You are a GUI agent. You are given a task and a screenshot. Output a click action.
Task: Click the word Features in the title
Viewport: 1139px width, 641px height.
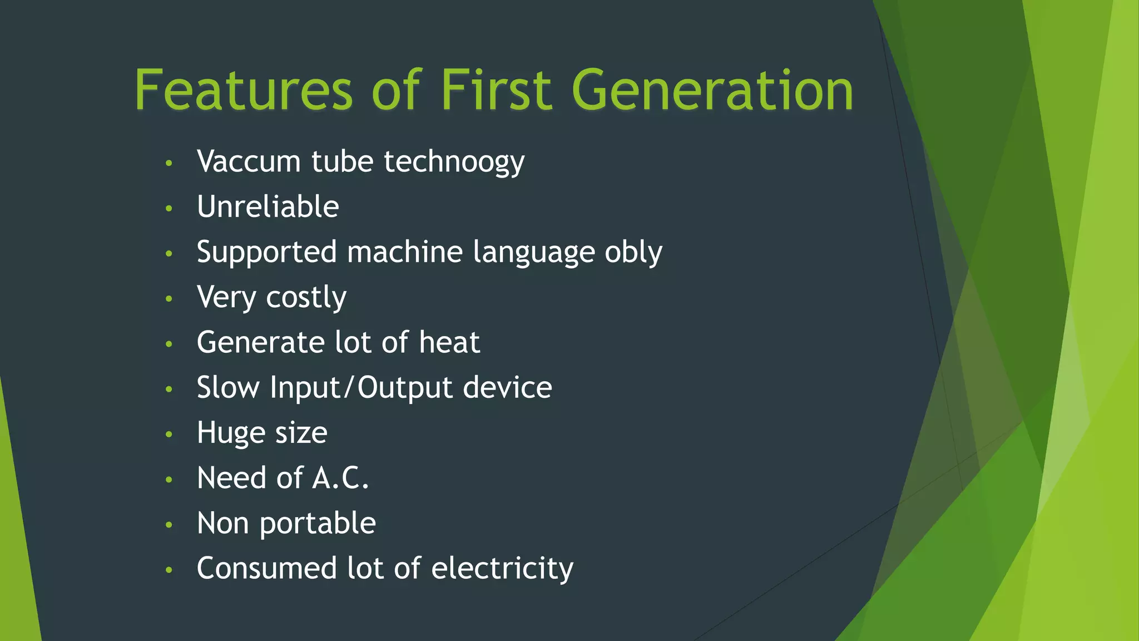point(244,90)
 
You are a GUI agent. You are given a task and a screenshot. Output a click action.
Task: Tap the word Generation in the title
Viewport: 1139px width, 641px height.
point(712,90)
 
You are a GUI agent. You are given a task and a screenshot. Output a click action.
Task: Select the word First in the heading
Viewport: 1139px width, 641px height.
point(496,90)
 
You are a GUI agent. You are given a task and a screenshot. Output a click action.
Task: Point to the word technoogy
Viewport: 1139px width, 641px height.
point(454,162)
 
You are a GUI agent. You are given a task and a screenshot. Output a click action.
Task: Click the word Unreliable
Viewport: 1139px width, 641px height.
point(268,207)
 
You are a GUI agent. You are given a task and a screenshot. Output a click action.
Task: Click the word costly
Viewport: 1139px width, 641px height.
point(306,298)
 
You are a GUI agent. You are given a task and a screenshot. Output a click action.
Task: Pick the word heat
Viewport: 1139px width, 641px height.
point(449,342)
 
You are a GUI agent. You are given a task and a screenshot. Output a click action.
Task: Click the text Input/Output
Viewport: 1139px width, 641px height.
point(361,388)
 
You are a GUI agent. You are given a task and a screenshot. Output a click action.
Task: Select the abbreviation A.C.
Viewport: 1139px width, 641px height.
point(340,478)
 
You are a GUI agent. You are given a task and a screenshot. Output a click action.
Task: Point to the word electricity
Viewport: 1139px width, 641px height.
point(502,569)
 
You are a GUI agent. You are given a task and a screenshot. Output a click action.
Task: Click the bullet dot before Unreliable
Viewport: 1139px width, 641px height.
point(169,209)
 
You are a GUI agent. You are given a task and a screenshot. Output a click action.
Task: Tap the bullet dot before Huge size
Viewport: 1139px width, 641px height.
point(169,435)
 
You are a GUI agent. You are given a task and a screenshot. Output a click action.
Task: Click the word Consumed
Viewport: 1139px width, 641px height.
point(266,569)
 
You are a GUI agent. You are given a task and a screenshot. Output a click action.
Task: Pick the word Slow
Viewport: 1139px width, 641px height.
point(228,388)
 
